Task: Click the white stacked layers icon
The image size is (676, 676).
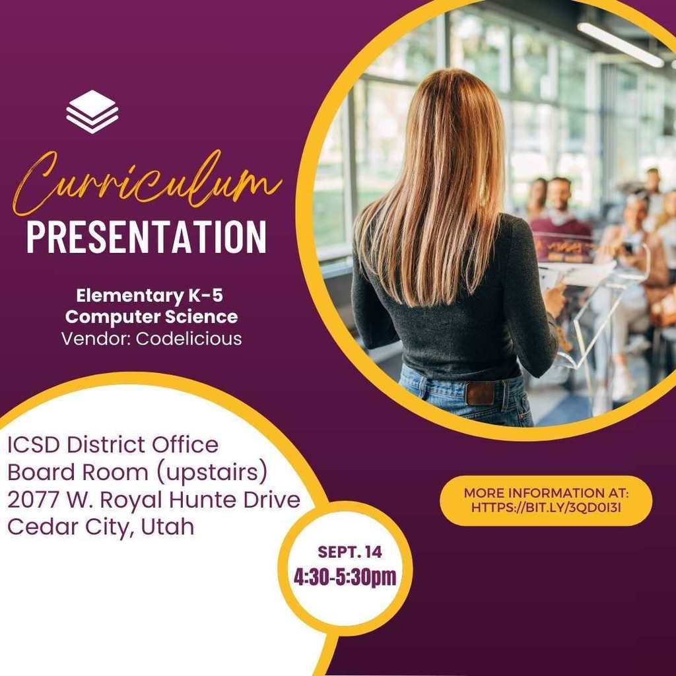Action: click(92, 112)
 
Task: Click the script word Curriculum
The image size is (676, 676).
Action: click(147, 184)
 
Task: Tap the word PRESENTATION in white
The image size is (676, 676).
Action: click(147, 237)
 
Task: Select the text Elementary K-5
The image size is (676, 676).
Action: click(150, 296)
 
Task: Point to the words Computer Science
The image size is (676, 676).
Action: click(151, 317)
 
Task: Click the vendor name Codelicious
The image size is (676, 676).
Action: click(189, 339)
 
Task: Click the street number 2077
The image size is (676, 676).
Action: click(33, 500)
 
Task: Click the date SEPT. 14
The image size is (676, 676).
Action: click(350, 552)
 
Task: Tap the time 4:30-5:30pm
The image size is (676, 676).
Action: click(345, 577)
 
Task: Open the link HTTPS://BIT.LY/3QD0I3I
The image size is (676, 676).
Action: click(546, 508)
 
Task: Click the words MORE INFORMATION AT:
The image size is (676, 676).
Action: click(546, 492)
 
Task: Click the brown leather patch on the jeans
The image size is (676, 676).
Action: click(480, 393)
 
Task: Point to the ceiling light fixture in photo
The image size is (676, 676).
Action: click(621, 44)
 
